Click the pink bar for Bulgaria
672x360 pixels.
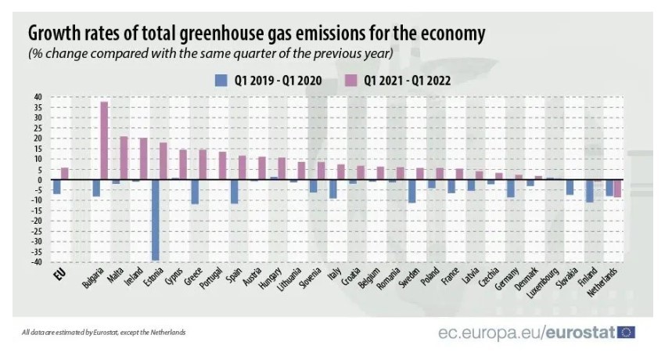click(104, 141)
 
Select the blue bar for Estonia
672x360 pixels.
click(155, 220)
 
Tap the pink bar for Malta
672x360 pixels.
click(124, 158)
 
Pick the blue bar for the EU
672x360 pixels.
click(56, 187)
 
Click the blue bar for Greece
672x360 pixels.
click(194, 192)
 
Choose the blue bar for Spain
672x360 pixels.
click(233, 192)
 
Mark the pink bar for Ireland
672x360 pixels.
click(143, 159)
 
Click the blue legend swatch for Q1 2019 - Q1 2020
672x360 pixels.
click(221, 80)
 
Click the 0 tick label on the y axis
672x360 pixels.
click(39, 180)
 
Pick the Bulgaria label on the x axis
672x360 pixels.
click(95, 279)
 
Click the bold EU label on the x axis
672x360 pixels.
click(58, 274)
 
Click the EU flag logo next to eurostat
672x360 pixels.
click(626, 333)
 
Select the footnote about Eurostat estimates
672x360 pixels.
click(104, 333)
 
